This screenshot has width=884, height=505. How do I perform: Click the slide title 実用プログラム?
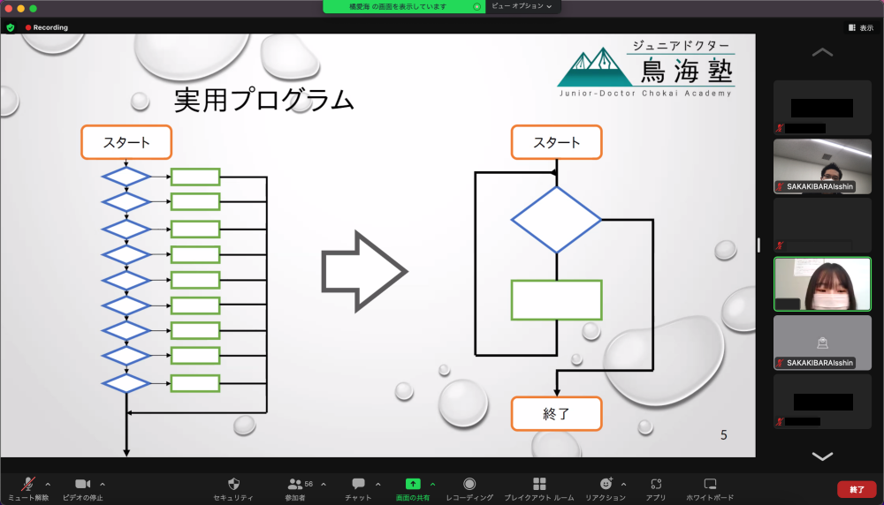click(x=263, y=100)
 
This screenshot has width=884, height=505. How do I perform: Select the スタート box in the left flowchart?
click(x=126, y=142)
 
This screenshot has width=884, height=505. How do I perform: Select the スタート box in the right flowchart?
click(x=557, y=142)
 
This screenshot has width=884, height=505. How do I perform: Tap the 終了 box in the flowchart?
click(x=557, y=413)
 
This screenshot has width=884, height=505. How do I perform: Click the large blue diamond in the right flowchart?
click(x=556, y=219)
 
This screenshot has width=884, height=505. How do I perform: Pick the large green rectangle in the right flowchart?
click(x=556, y=300)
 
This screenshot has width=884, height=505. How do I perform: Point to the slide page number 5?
click(x=724, y=434)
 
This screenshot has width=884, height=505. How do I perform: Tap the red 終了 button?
click(x=857, y=488)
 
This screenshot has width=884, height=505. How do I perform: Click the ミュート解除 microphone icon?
click(x=28, y=484)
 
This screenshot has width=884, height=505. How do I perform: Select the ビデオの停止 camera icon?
click(x=83, y=484)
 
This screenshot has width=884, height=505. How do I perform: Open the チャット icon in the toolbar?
click(x=358, y=484)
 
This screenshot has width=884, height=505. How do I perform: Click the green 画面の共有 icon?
click(x=413, y=484)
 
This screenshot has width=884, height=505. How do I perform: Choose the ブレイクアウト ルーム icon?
click(x=539, y=484)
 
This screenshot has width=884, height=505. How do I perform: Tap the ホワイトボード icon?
click(x=710, y=484)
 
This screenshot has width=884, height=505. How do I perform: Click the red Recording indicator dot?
click(x=28, y=27)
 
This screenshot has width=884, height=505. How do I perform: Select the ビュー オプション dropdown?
click(x=522, y=6)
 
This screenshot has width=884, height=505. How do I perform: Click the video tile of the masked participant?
click(x=822, y=284)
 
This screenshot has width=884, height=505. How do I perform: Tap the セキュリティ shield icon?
click(x=233, y=484)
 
